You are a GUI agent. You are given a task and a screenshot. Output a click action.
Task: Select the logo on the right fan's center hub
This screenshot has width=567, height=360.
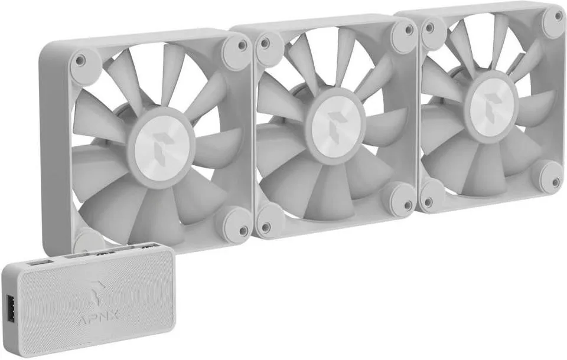(492, 102)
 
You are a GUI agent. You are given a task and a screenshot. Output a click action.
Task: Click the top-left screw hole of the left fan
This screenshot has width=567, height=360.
(80, 59)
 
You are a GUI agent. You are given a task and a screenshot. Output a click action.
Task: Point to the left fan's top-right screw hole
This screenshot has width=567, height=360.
(242, 45)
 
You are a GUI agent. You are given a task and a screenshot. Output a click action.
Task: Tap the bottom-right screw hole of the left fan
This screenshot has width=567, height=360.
(243, 229)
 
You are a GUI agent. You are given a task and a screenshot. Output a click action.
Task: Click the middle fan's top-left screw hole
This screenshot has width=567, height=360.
(265, 43)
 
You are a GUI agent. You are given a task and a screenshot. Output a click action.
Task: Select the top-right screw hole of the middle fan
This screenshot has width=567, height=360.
(409, 30)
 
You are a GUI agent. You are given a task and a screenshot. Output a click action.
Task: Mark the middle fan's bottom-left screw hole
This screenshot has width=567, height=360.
(266, 227)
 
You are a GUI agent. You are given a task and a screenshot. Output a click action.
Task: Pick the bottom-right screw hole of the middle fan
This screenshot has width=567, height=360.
(408, 205)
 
